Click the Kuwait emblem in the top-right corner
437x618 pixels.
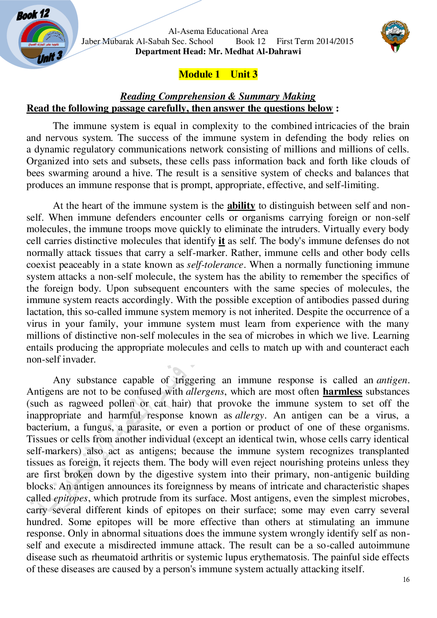pyautogui.click(x=395, y=36)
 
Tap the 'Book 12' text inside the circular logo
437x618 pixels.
pyautogui.click(x=33, y=15)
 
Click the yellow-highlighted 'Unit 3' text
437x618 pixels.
pyautogui.click(x=244, y=74)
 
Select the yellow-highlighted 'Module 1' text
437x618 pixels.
pyautogui.click(x=200, y=74)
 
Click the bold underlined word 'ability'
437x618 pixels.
pyautogui.click(x=241, y=206)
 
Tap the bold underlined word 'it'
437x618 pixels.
pyautogui.click(x=222, y=241)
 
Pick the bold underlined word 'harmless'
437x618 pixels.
pyautogui.click(x=342, y=392)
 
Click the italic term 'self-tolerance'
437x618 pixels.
pyautogui.click(x=215, y=265)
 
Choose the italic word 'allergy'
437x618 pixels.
pyautogui.click(x=250, y=416)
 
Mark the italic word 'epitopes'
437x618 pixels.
pyautogui.click(x=71, y=499)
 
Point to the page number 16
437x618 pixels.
pyautogui.click(x=406, y=580)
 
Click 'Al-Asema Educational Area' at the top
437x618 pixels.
pyautogui.click(x=218, y=31)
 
